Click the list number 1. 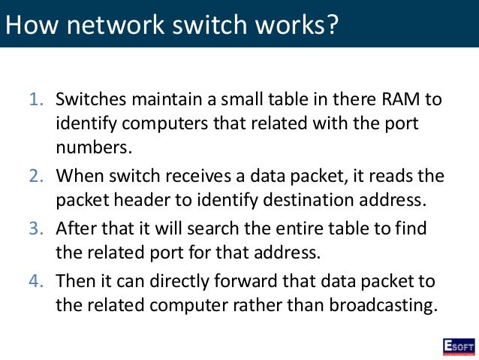pos(36,99)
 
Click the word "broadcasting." pos(373,307)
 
